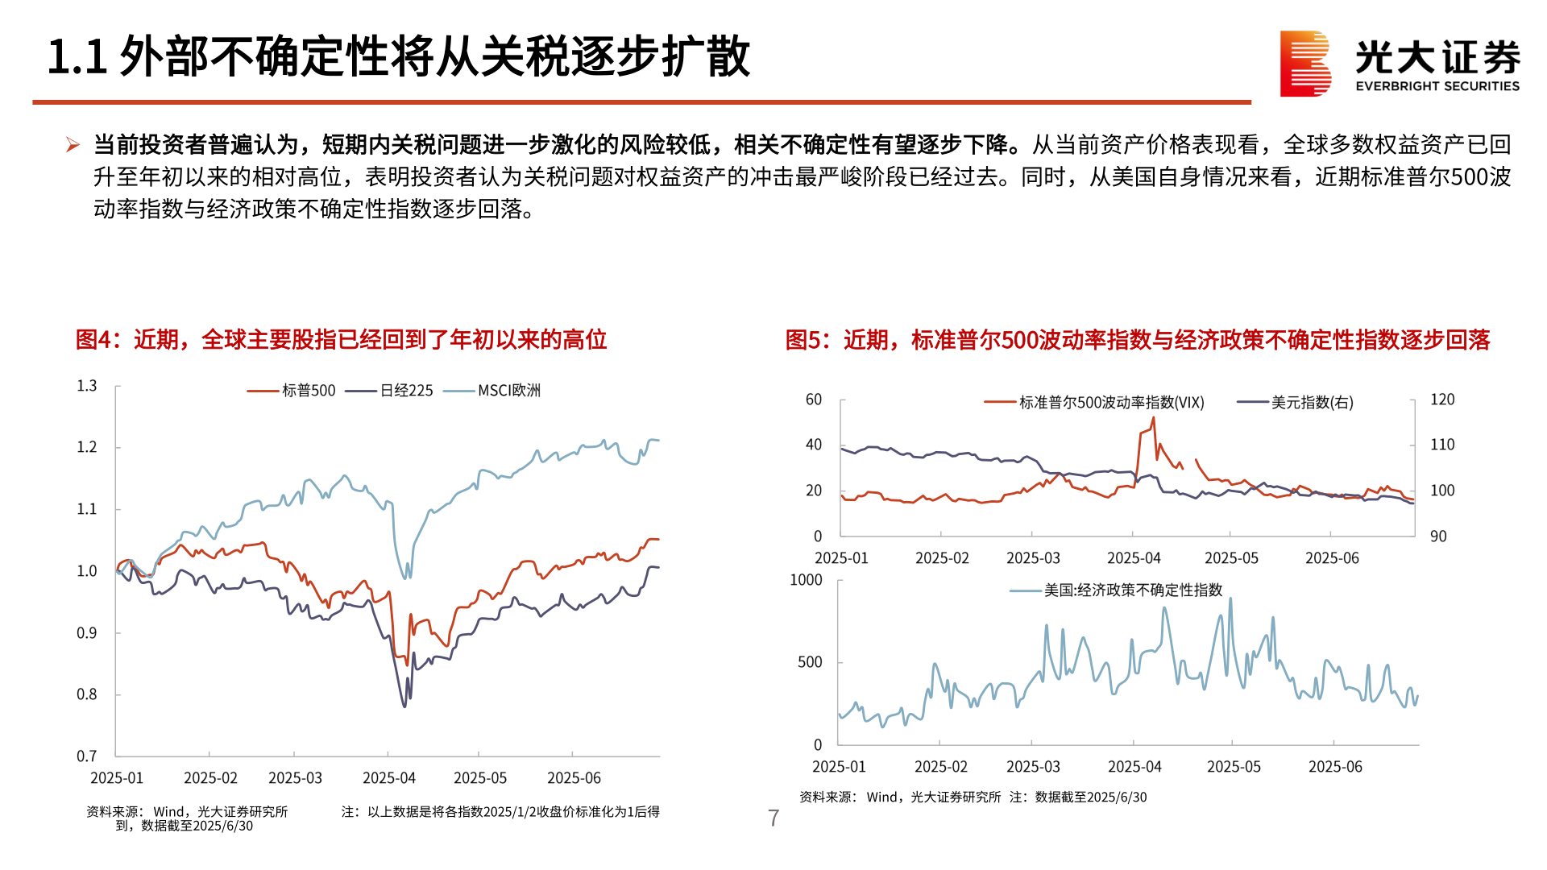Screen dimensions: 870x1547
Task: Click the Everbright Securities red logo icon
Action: tap(1304, 64)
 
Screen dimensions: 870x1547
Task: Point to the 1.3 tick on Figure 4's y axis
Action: tap(87, 386)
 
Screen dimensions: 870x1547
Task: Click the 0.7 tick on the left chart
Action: tap(87, 756)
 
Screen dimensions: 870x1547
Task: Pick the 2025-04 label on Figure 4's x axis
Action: tap(389, 778)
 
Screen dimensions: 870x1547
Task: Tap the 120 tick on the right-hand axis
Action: tap(1442, 400)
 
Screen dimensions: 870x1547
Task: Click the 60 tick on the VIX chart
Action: tap(814, 400)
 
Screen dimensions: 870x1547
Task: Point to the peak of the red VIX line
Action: tap(1154, 418)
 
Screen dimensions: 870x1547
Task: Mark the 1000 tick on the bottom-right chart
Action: tap(806, 580)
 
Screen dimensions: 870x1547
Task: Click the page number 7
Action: tap(773, 818)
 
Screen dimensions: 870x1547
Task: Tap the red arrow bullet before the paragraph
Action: tap(73, 145)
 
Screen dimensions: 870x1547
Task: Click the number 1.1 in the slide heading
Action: tap(77, 57)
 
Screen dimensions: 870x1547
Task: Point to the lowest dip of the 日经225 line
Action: tap(404, 706)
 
